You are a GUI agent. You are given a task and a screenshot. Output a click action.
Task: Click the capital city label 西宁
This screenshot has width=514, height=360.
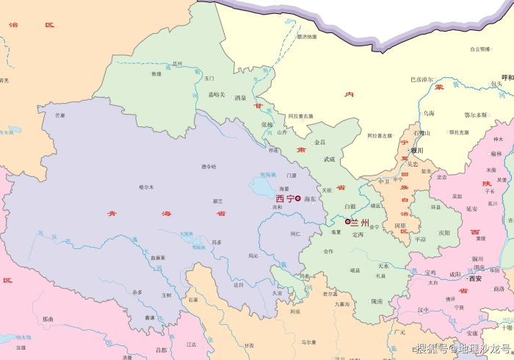click(285, 198)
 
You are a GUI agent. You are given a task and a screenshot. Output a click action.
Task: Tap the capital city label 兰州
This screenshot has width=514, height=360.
click(360, 222)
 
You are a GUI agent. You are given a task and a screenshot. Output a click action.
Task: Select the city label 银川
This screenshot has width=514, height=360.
click(417, 151)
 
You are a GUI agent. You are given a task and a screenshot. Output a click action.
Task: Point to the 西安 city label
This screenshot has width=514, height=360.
click(475, 278)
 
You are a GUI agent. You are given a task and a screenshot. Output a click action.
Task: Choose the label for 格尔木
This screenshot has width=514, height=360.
click(146, 187)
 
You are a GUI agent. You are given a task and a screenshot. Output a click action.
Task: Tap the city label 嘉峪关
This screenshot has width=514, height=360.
click(217, 95)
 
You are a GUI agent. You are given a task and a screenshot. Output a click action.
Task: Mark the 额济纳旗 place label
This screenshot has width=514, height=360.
click(307, 36)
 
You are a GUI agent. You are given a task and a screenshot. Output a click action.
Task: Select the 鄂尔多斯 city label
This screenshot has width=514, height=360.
click(476, 115)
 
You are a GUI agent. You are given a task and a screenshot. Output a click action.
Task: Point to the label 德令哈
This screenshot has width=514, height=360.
click(209, 166)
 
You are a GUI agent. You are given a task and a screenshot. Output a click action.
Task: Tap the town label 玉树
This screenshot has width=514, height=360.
click(166, 295)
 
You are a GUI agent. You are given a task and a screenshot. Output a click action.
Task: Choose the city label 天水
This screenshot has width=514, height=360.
click(383, 266)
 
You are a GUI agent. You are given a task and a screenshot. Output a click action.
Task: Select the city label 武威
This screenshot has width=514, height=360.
click(329, 159)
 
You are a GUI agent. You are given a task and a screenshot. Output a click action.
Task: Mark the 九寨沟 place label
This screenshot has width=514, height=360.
click(342, 303)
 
